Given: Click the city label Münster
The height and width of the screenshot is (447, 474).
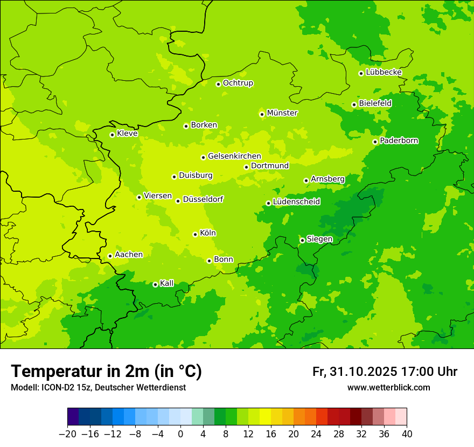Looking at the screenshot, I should click(282, 113).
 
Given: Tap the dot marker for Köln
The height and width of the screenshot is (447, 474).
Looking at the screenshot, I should click(195, 234).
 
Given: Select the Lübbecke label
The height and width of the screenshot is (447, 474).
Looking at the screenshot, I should click(384, 72).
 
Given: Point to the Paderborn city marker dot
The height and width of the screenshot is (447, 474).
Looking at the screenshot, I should click(375, 142).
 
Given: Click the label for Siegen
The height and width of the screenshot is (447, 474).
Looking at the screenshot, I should click(319, 239).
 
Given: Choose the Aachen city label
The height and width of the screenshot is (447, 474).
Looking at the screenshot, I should click(129, 255).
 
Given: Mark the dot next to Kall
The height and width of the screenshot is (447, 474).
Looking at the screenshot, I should click(155, 284).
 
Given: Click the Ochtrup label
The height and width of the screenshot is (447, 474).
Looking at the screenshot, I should click(238, 83).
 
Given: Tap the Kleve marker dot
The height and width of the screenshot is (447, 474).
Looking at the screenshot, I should click(112, 135).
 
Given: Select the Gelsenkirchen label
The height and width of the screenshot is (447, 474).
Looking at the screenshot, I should click(234, 156).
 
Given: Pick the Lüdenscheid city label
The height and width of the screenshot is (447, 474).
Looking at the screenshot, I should click(296, 202).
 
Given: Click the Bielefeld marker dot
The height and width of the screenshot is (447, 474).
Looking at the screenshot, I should click(354, 104).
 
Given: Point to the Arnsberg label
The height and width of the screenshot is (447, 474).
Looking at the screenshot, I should click(327, 179).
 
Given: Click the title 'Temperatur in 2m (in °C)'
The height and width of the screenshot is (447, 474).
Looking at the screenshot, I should click(106, 371).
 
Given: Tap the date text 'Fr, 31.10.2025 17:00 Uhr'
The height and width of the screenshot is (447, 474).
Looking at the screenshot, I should click(385, 372).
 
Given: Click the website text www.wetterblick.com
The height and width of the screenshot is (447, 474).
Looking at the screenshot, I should click(388, 387).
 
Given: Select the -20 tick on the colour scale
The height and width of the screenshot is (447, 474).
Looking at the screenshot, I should click(67, 434).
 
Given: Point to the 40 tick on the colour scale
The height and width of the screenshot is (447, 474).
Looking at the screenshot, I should click(407, 434).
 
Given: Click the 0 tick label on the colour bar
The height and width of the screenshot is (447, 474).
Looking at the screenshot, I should click(180, 434).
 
